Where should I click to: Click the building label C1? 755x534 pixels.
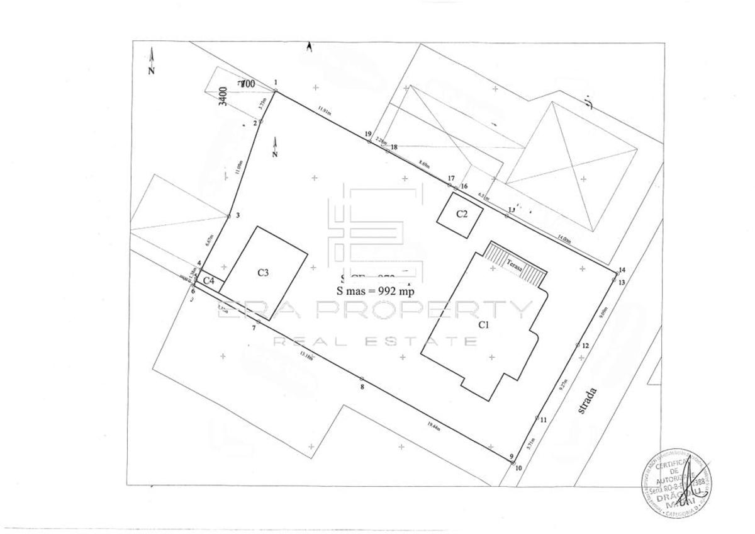[483, 325]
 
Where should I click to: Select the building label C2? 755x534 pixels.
[462, 214]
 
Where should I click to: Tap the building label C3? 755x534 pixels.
[264, 273]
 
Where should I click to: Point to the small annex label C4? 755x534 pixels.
[209, 280]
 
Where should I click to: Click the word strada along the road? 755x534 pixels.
[588, 401]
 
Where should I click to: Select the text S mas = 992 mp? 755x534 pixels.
[376, 292]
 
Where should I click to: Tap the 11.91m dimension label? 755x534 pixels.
[324, 110]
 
